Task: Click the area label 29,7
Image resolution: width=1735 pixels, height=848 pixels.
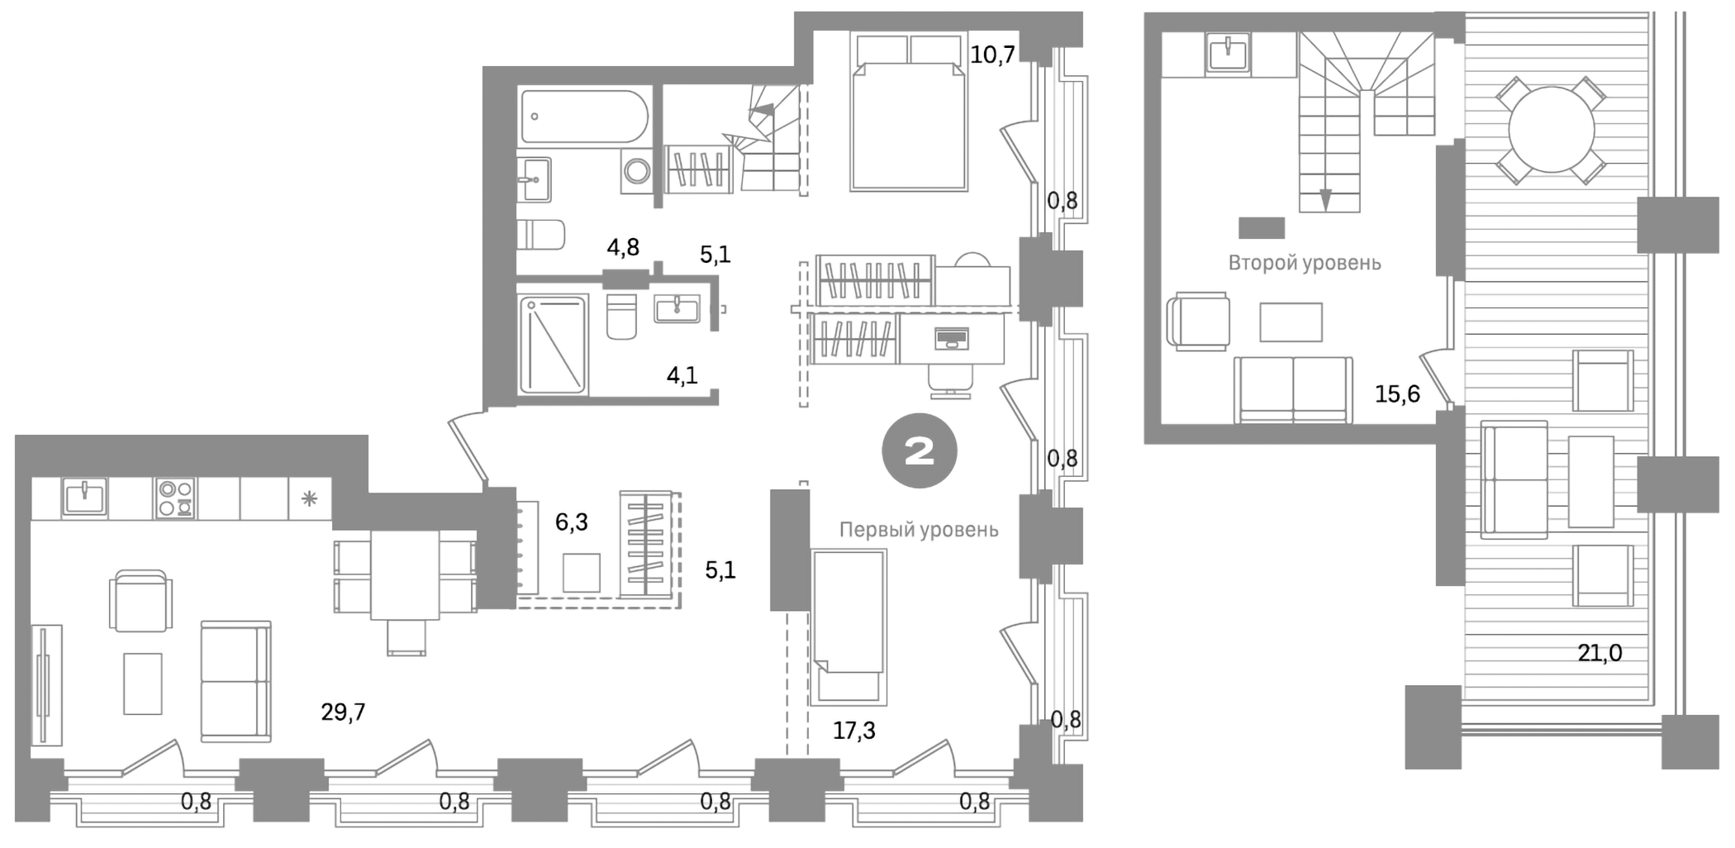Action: (x=343, y=712)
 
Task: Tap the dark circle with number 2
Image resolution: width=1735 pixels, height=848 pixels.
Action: (x=919, y=450)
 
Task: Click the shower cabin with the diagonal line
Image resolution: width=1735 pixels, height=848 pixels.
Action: (x=553, y=345)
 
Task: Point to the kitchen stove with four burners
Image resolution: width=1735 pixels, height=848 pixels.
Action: (x=175, y=498)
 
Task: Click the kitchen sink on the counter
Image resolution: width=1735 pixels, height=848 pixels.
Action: (x=84, y=498)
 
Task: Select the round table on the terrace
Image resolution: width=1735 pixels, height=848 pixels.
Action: (x=1551, y=131)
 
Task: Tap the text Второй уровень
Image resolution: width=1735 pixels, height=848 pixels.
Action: (x=1304, y=263)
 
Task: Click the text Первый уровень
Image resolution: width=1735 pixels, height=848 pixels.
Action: (x=919, y=530)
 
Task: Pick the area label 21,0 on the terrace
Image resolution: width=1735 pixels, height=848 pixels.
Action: (x=1600, y=653)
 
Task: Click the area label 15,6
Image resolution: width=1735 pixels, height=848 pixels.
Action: (x=1397, y=394)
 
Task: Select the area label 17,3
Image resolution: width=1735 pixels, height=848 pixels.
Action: (x=853, y=731)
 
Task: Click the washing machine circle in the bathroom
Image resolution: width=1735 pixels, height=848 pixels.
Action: (x=637, y=172)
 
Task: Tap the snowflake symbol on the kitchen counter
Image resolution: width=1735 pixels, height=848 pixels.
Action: (x=309, y=498)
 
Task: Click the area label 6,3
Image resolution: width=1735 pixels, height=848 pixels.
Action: (x=571, y=522)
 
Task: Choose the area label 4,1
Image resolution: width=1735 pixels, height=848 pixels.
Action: (x=682, y=376)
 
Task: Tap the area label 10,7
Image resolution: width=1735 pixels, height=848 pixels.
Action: (x=992, y=55)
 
